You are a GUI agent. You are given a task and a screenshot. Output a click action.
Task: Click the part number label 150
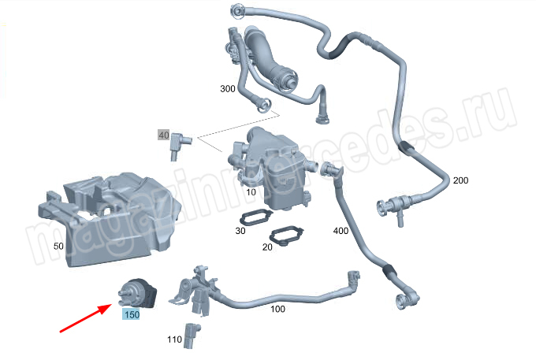click(132, 314)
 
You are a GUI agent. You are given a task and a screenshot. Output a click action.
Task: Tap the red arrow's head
click(104, 309)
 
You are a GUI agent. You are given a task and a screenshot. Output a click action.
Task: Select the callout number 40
click(163, 135)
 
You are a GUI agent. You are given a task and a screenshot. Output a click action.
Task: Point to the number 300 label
click(228, 89)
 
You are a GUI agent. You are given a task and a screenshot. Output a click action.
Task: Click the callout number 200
click(460, 180)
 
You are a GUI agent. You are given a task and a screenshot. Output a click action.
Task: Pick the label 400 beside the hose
click(341, 231)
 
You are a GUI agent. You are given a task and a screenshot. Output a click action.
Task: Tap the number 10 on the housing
click(251, 192)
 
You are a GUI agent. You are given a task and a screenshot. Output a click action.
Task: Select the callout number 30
click(240, 231)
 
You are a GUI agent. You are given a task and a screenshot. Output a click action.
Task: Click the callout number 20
click(267, 247)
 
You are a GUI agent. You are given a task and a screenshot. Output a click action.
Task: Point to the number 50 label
click(58, 246)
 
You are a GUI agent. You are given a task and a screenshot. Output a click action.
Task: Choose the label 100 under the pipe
click(277, 309)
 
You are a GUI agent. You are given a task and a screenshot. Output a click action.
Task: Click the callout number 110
click(174, 340)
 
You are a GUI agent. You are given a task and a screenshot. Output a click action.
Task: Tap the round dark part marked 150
click(136, 293)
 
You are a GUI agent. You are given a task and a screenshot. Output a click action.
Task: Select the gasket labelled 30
click(256, 217)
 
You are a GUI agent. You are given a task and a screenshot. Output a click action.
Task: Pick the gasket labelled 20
click(286, 236)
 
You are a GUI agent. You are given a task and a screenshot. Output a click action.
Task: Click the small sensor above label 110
click(192, 335)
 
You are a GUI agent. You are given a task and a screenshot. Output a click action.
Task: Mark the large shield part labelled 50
click(110, 218)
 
